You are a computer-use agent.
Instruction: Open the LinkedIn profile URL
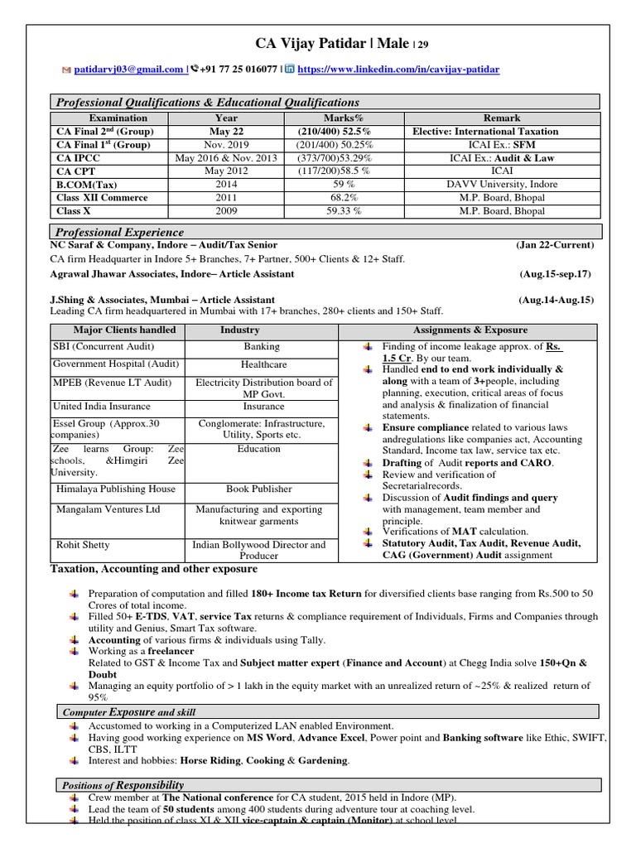[x=398, y=70]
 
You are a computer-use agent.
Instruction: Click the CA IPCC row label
[x=75, y=157]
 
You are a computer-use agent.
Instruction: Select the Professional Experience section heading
[x=120, y=232]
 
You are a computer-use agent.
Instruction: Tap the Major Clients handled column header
[x=114, y=330]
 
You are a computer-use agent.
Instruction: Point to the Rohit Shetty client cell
[x=83, y=545]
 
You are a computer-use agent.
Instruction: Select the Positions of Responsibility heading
[x=124, y=784]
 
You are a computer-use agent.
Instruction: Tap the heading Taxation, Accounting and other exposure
[x=154, y=569]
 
